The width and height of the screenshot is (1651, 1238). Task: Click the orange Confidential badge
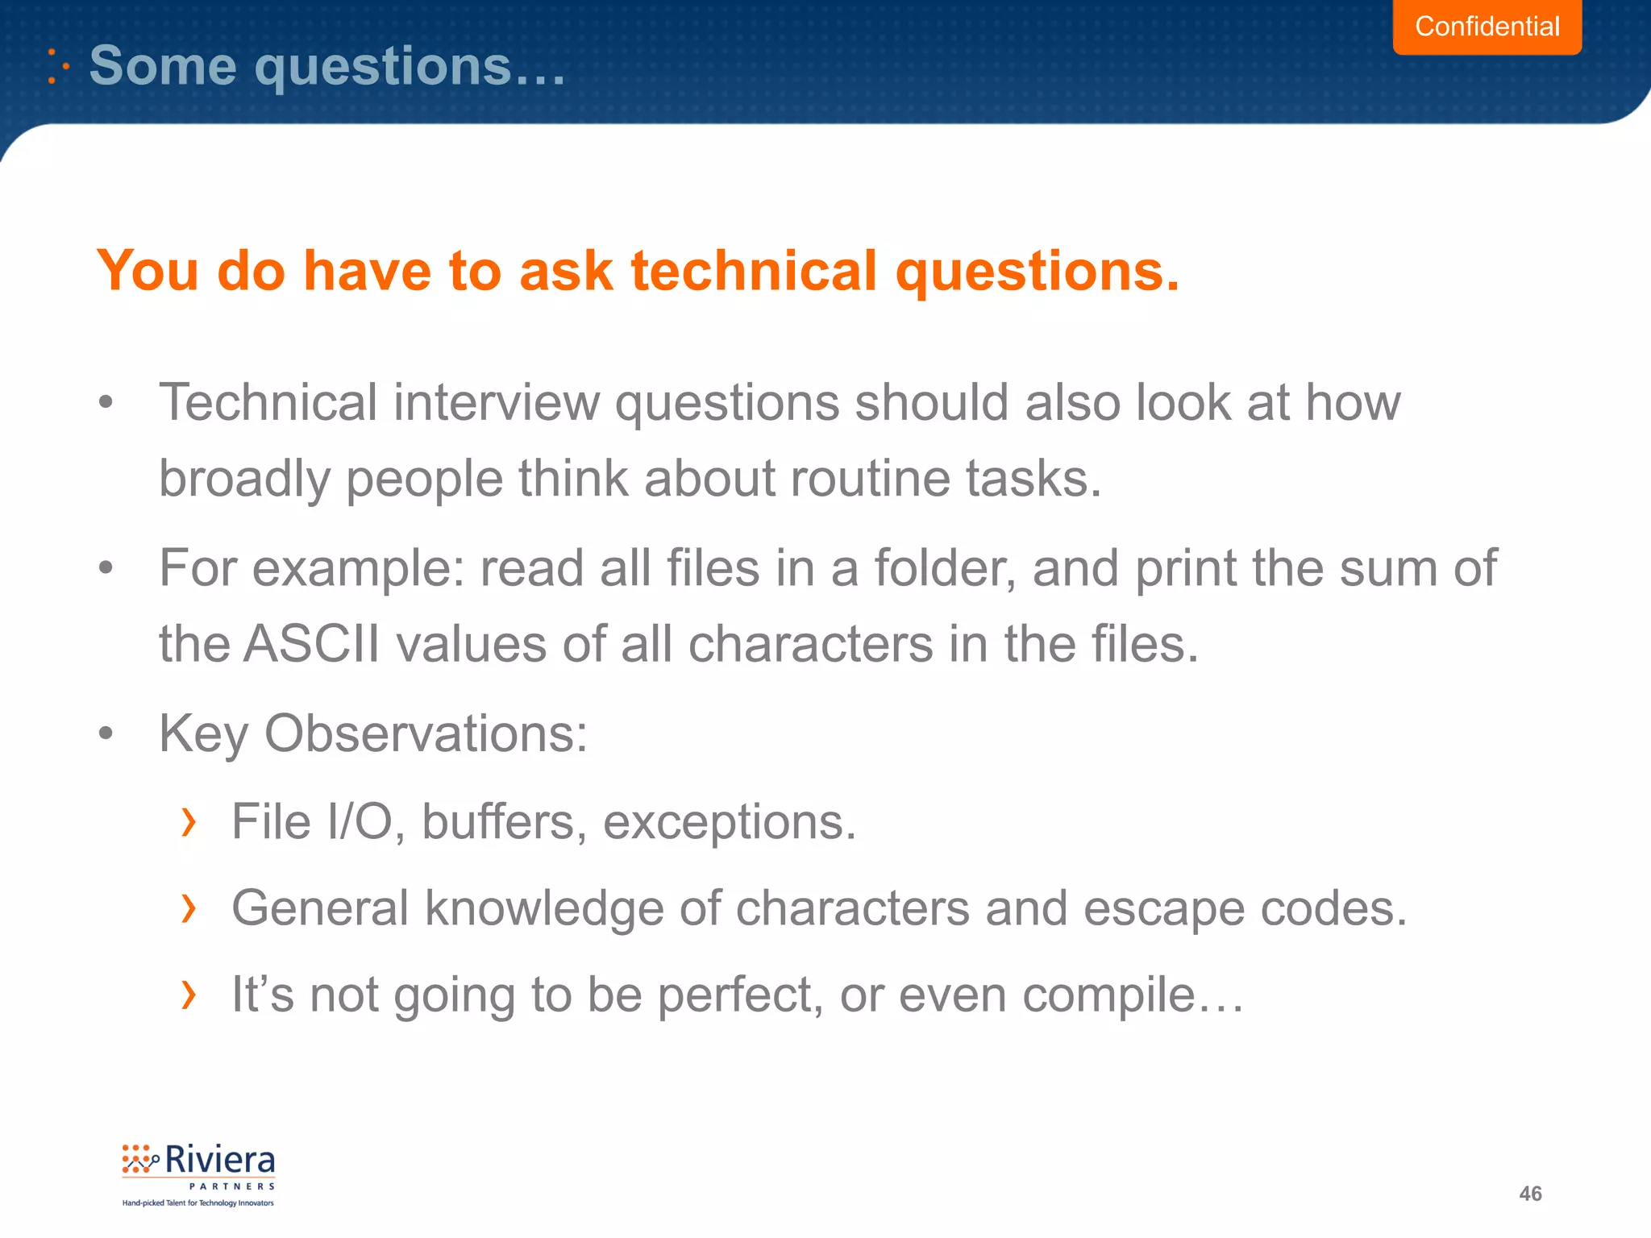click(x=1487, y=27)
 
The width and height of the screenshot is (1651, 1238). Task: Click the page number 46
click(x=1530, y=1194)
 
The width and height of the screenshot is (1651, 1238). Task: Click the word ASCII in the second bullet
click(x=311, y=645)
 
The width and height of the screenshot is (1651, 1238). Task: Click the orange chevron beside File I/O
click(x=189, y=822)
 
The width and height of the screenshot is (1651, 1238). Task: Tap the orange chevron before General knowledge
click(x=189, y=908)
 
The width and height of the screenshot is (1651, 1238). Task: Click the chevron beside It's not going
click(x=189, y=995)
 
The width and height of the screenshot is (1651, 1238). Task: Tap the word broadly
click(x=244, y=480)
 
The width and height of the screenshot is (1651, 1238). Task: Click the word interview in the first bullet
click(x=496, y=402)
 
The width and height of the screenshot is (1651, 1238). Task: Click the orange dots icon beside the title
click(x=58, y=66)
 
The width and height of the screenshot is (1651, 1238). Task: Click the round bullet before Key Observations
click(x=106, y=734)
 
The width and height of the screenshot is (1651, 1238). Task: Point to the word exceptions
click(x=730, y=822)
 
